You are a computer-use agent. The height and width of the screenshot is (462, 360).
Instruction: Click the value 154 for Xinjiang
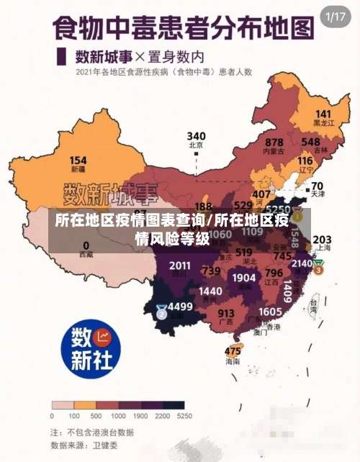[78, 160]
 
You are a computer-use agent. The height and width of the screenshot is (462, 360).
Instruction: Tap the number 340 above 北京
[196, 135]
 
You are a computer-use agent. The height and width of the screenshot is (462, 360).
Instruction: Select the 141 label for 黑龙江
[323, 114]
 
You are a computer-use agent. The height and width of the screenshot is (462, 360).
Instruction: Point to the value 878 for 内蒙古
[274, 142]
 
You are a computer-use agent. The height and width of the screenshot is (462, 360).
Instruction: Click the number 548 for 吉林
[311, 142]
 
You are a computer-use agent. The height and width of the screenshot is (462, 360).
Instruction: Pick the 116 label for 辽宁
[305, 160]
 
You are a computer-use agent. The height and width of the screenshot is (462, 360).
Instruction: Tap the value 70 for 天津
[317, 185]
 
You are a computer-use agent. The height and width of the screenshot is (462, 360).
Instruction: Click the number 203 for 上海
[322, 240]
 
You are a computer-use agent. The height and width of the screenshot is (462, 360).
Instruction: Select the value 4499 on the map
[179, 306]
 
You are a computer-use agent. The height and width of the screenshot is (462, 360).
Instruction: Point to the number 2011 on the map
[180, 266]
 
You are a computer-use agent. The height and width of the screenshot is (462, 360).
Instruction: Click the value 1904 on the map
[244, 278]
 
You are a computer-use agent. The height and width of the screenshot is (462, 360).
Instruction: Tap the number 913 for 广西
[226, 313]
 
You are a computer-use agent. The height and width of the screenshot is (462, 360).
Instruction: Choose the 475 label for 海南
[233, 351]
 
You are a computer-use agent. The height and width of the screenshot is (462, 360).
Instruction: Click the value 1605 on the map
[270, 311]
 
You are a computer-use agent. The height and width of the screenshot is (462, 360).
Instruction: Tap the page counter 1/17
[336, 17]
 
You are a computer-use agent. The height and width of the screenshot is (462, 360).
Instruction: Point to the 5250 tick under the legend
[185, 416]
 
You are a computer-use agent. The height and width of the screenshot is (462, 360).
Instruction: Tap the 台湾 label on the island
[315, 304]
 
